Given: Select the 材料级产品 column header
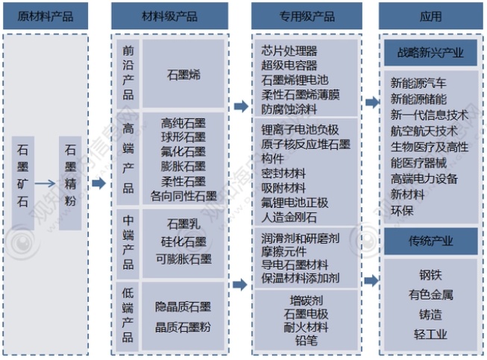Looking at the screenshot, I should (169, 16).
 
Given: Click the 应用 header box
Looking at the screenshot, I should (430, 16).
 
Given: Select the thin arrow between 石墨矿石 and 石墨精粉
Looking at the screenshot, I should (46, 183).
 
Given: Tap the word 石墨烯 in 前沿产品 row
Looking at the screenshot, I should (183, 75).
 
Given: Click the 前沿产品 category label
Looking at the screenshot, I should (128, 72).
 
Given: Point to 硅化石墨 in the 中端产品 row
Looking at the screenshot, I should (183, 241).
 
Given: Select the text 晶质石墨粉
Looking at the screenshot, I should (183, 326).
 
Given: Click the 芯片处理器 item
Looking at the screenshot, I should (289, 51).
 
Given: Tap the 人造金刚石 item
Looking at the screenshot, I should (289, 217).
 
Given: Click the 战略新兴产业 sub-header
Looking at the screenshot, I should (430, 53).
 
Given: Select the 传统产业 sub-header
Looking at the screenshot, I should (430, 241).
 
